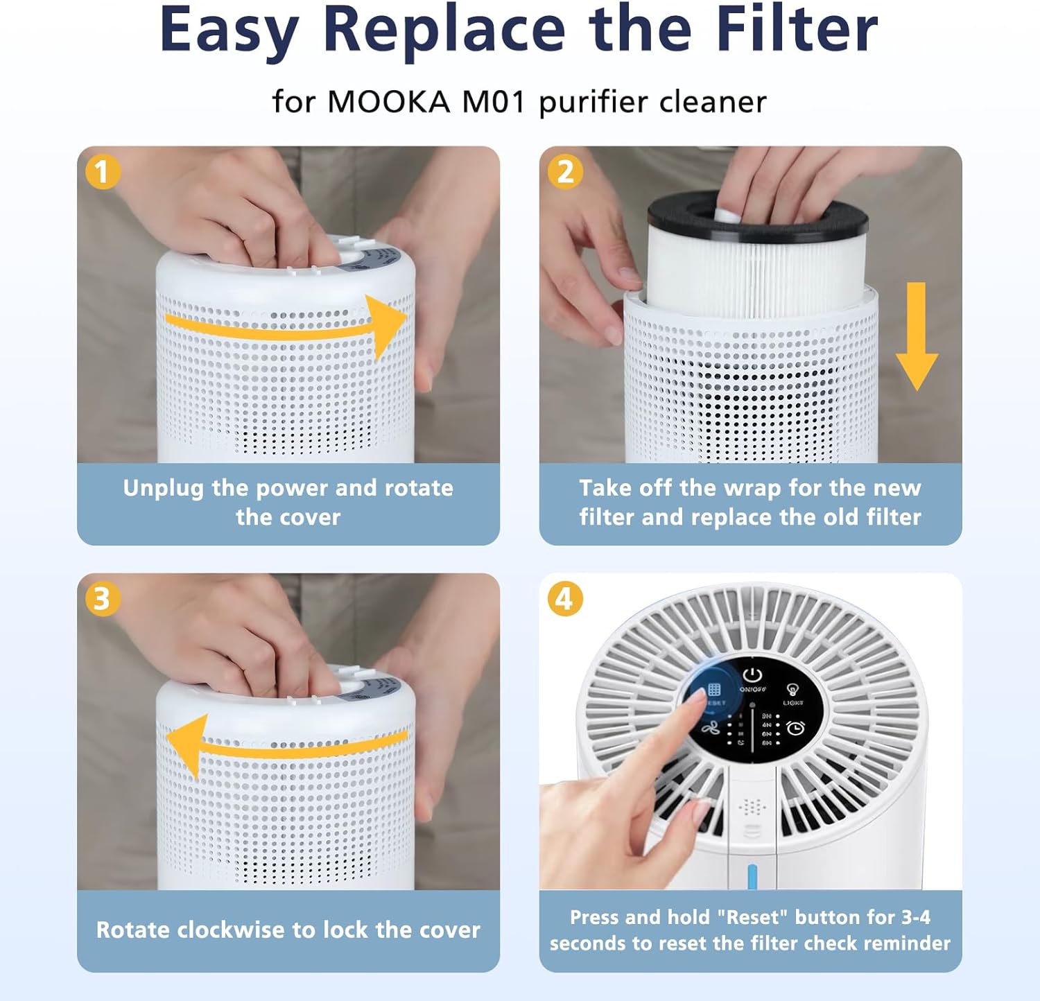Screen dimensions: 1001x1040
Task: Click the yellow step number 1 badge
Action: (x=103, y=172)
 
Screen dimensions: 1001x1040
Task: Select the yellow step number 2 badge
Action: (x=565, y=172)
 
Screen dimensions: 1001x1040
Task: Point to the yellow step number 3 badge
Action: (x=103, y=599)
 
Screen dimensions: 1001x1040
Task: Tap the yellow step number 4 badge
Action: (x=565, y=599)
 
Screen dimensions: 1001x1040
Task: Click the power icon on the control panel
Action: (x=752, y=674)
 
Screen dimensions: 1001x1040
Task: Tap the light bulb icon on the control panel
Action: (x=792, y=690)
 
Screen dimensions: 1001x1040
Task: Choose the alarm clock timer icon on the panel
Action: (x=795, y=728)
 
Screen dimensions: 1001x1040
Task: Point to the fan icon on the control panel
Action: (x=709, y=728)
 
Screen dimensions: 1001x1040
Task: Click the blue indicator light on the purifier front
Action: (x=752, y=876)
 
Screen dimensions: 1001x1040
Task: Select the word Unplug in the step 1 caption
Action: (x=164, y=488)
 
